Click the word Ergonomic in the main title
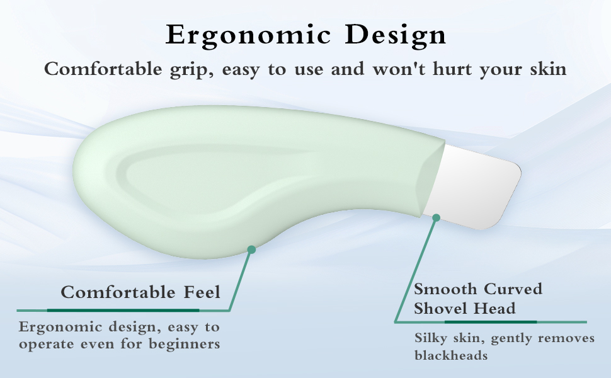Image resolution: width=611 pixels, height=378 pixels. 249,35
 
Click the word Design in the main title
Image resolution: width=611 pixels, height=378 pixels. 396,35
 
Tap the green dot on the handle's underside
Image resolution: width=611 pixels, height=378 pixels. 251,249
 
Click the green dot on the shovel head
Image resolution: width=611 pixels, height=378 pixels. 437,218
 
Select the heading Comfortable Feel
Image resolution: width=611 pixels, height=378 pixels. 140,292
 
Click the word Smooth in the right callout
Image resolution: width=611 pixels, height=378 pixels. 445,289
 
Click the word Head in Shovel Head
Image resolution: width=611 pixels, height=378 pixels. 498,309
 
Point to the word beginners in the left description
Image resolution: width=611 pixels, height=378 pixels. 185,344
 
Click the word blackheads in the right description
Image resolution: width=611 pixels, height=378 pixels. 451,355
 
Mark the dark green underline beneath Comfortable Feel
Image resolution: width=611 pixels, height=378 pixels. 123,310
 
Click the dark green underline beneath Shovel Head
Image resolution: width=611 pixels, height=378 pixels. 491,322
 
